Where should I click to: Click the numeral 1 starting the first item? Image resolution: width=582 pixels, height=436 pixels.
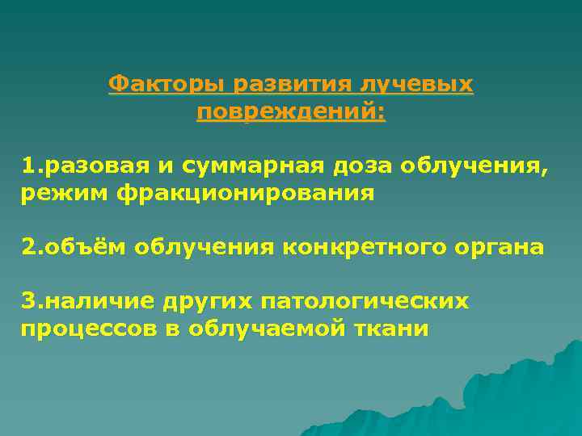click(28, 166)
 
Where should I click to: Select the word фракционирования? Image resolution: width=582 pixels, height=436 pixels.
click(246, 194)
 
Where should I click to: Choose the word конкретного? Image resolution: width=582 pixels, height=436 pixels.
click(351, 247)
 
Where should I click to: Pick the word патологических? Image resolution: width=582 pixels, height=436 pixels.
click(366, 301)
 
